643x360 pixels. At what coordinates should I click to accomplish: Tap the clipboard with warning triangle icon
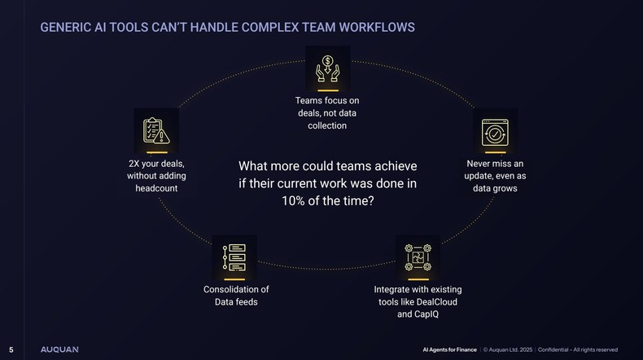155,131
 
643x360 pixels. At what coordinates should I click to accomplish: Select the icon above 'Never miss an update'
496,132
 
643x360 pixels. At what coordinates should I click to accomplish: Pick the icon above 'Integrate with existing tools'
418,257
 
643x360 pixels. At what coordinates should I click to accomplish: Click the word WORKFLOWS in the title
374,28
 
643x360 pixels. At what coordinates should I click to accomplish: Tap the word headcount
156,188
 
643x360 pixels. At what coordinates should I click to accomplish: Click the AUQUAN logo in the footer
60,349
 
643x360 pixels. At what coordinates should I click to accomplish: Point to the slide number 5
11,349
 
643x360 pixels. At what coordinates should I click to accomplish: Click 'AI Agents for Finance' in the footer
448,349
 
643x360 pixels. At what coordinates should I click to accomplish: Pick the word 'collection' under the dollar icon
327,125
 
